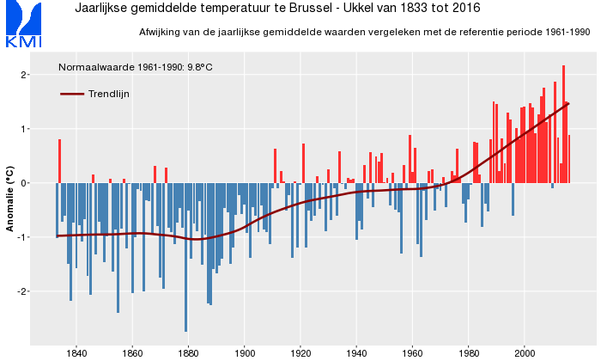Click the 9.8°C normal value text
pyautogui.click(x=200, y=66)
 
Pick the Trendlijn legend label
pyautogui.click(x=109, y=94)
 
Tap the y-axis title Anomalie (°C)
pyautogui.click(x=9, y=200)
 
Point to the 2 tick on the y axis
pyautogui.click(x=26, y=76)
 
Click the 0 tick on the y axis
pyautogui.click(x=26, y=183)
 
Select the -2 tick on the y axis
pyautogui.click(x=23, y=291)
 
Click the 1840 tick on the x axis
pyautogui.click(x=76, y=352)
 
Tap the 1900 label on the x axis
pyautogui.click(x=245, y=352)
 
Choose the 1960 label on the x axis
pyautogui.click(x=413, y=352)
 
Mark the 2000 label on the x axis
pyautogui.click(x=525, y=352)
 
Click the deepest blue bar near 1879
pyautogui.click(x=186, y=258)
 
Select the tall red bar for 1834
pyautogui.click(x=60, y=161)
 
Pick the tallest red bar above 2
pyautogui.click(x=564, y=124)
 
